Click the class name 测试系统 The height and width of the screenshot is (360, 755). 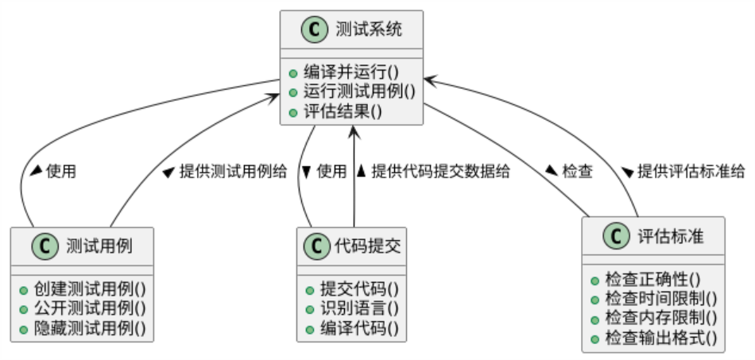point(369,30)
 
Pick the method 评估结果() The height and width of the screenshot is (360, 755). point(343,110)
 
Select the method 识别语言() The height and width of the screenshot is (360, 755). point(358,308)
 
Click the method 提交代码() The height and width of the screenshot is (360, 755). point(358,288)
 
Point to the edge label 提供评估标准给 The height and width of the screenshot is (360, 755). point(691,171)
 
